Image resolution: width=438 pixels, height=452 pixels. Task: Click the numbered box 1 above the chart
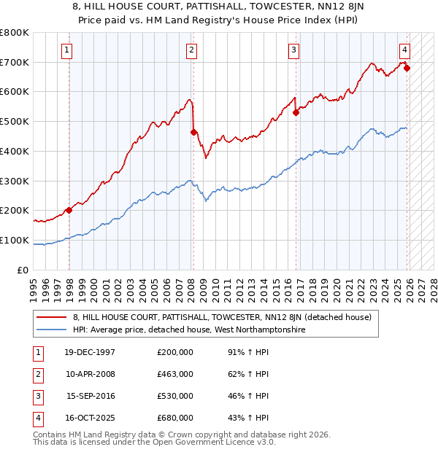tap(66, 50)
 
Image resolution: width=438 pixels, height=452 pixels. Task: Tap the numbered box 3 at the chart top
tap(293, 50)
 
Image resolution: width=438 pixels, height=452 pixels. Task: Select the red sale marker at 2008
tap(193, 132)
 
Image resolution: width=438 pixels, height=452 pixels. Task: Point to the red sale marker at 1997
tap(69, 210)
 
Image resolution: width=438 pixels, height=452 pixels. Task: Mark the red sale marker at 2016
tap(296, 112)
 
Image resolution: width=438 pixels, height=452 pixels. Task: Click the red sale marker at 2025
tap(407, 69)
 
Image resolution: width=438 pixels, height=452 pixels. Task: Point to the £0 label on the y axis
tap(22, 270)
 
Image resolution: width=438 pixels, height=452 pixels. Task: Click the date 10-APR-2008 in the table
tap(91, 374)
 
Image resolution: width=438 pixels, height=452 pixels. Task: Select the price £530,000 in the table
tap(175, 396)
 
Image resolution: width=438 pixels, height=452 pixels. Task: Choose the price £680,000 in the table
tap(175, 418)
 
